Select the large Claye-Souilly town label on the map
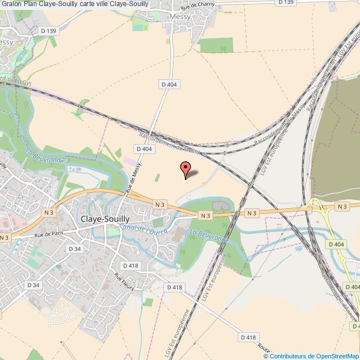pyautogui.click(x=105, y=219)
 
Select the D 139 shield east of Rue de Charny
pyautogui.click(x=285, y=2)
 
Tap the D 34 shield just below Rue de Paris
pyautogui.click(x=75, y=249)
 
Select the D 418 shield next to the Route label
pyautogui.click(x=249, y=337)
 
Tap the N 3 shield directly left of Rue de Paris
pyautogui.click(x=4, y=238)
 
